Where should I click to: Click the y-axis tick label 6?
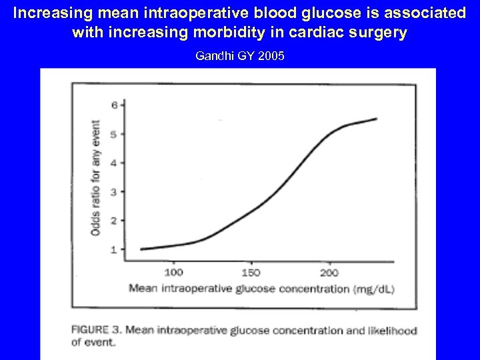[x=114, y=105]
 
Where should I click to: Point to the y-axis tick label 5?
[x=114, y=134]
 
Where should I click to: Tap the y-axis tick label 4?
[x=114, y=163]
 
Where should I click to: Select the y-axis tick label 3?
[x=114, y=192]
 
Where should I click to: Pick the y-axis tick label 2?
[x=114, y=221]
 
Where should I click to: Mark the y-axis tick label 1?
[x=114, y=249]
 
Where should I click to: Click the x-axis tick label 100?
[x=173, y=272]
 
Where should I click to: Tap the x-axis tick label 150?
[x=251, y=272]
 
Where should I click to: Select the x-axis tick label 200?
[x=329, y=272]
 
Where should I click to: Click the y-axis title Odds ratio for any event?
[x=96, y=177]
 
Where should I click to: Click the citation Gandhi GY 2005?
[x=239, y=56]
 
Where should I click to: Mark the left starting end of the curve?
[x=141, y=249]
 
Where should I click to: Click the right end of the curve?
[x=377, y=119]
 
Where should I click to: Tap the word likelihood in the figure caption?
[x=392, y=330]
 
